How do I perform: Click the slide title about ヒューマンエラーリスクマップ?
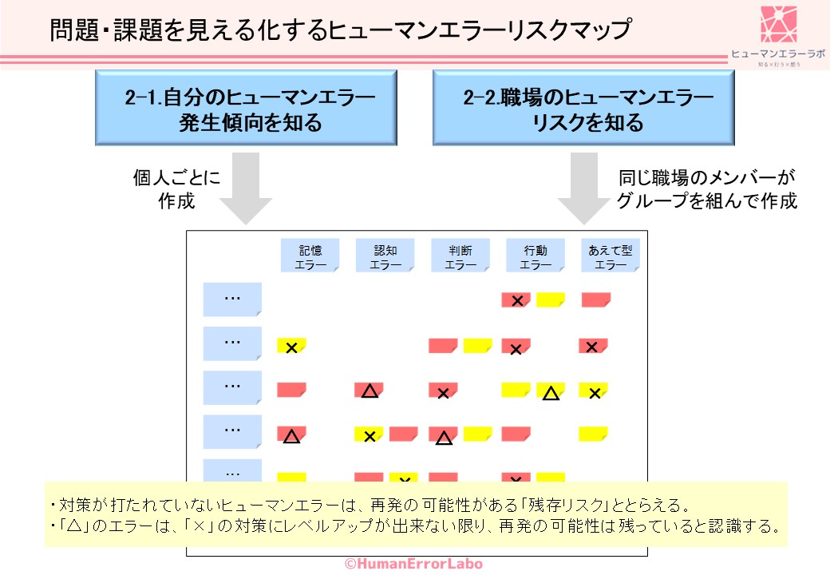(340, 30)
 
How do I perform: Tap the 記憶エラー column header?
(309, 256)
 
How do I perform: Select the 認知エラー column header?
(385, 256)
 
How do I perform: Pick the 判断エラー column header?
(460, 256)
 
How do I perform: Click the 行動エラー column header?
(536, 256)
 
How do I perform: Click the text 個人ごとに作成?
(176, 188)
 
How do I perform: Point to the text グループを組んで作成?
(707, 200)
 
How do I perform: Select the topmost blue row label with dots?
(232, 299)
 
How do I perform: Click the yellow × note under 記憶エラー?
(292, 347)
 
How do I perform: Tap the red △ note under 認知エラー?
(369, 391)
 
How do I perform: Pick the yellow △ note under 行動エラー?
(550, 391)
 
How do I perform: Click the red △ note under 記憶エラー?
(292, 435)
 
